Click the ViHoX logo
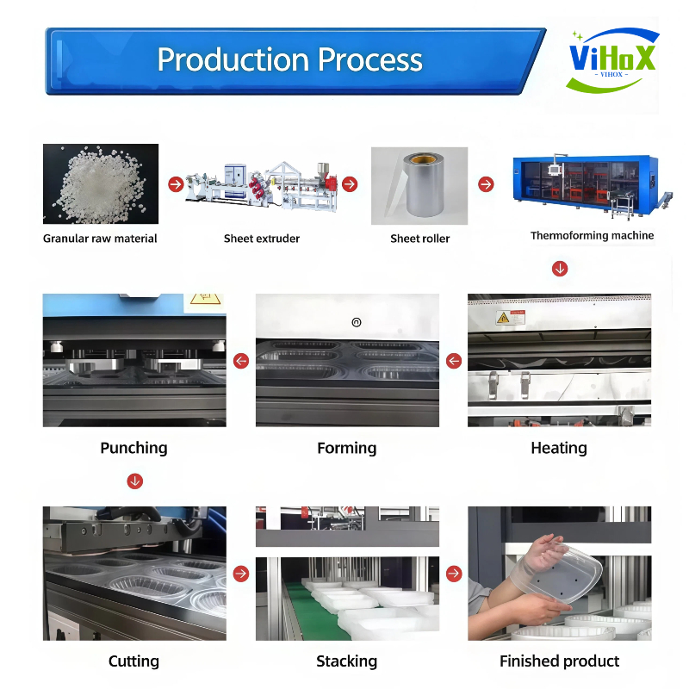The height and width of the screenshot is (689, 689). (x=612, y=59)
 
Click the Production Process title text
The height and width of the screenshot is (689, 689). (x=289, y=59)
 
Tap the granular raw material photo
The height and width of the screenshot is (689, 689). (x=101, y=183)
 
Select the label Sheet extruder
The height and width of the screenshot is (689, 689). (x=262, y=239)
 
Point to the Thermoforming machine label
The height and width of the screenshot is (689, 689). (x=592, y=235)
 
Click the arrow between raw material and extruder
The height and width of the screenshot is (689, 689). (x=175, y=183)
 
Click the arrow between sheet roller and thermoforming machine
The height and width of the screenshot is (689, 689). (x=486, y=184)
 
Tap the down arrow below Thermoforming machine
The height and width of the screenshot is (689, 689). (x=560, y=269)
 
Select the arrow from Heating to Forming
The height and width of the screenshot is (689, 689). (x=453, y=361)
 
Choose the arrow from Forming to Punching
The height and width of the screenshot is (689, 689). (x=241, y=361)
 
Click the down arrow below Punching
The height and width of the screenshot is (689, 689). (x=134, y=481)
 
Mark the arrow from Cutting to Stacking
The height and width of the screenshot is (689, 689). (x=241, y=573)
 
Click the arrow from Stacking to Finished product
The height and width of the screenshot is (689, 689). (x=453, y=574)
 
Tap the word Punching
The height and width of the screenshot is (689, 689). (x=133, y=448)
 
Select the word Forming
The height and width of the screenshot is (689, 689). (x=346, y=448)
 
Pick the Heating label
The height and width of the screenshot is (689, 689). (x=559, y=448)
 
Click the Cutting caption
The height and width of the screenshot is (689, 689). (x=133, y=661)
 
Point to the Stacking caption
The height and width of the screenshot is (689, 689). (x=346, y=661)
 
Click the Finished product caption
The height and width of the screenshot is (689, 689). (x=559, y=661)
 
